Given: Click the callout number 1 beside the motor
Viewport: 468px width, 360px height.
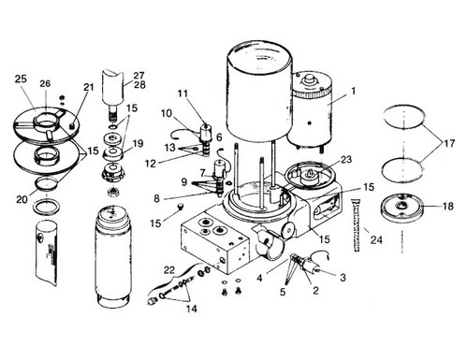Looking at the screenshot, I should pos(354,92).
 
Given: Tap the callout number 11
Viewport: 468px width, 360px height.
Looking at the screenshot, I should pos(183,94).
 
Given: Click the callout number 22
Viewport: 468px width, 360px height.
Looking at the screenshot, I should pos(168,269).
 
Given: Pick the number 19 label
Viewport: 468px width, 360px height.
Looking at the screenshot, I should pos(138,144).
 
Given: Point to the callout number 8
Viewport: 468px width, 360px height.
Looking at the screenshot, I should pos(158,197).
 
